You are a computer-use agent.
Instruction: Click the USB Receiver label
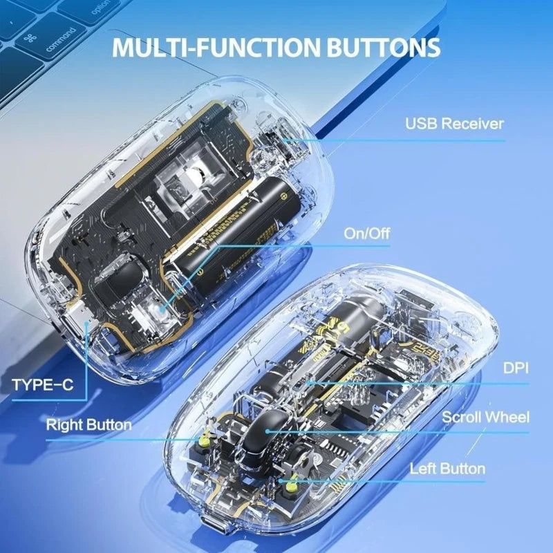click(x=454, y=124)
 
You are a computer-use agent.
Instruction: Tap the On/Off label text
click(x=366, y=233)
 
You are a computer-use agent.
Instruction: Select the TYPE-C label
click(x=42, y=384)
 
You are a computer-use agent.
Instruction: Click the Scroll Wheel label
click(x=485, y=417)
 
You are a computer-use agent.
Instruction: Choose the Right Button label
click(x=88, y=424)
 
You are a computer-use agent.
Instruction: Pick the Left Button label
click(x=447, y=468)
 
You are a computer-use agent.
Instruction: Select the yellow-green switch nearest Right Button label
click(x=205, y=438)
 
